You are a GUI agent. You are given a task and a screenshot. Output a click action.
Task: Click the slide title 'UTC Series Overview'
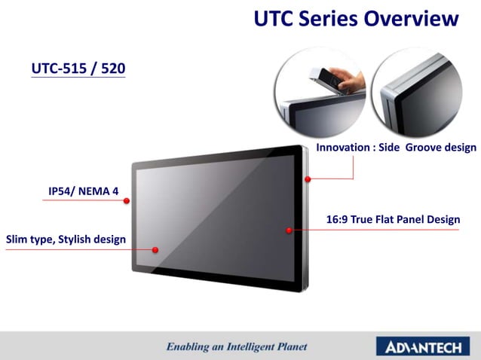coord(356,19)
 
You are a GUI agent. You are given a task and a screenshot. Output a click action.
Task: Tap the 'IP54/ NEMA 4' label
coord(84,191)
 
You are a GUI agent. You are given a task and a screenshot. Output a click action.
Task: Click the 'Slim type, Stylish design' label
coord(66,239)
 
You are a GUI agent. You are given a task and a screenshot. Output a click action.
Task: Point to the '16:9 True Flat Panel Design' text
coord(393,220)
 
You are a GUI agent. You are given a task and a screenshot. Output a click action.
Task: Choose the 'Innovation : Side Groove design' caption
coord(396,148)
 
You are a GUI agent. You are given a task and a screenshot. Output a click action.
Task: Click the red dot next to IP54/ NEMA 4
coord(127,200)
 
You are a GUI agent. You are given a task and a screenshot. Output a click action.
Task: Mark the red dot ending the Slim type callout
coord(155,249)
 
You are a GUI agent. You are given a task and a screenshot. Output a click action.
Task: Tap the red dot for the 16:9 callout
coord(289,230)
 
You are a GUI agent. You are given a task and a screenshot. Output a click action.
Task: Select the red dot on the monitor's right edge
coord(308,179)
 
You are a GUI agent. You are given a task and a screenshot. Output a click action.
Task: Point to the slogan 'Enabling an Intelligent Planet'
coord(237,347)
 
